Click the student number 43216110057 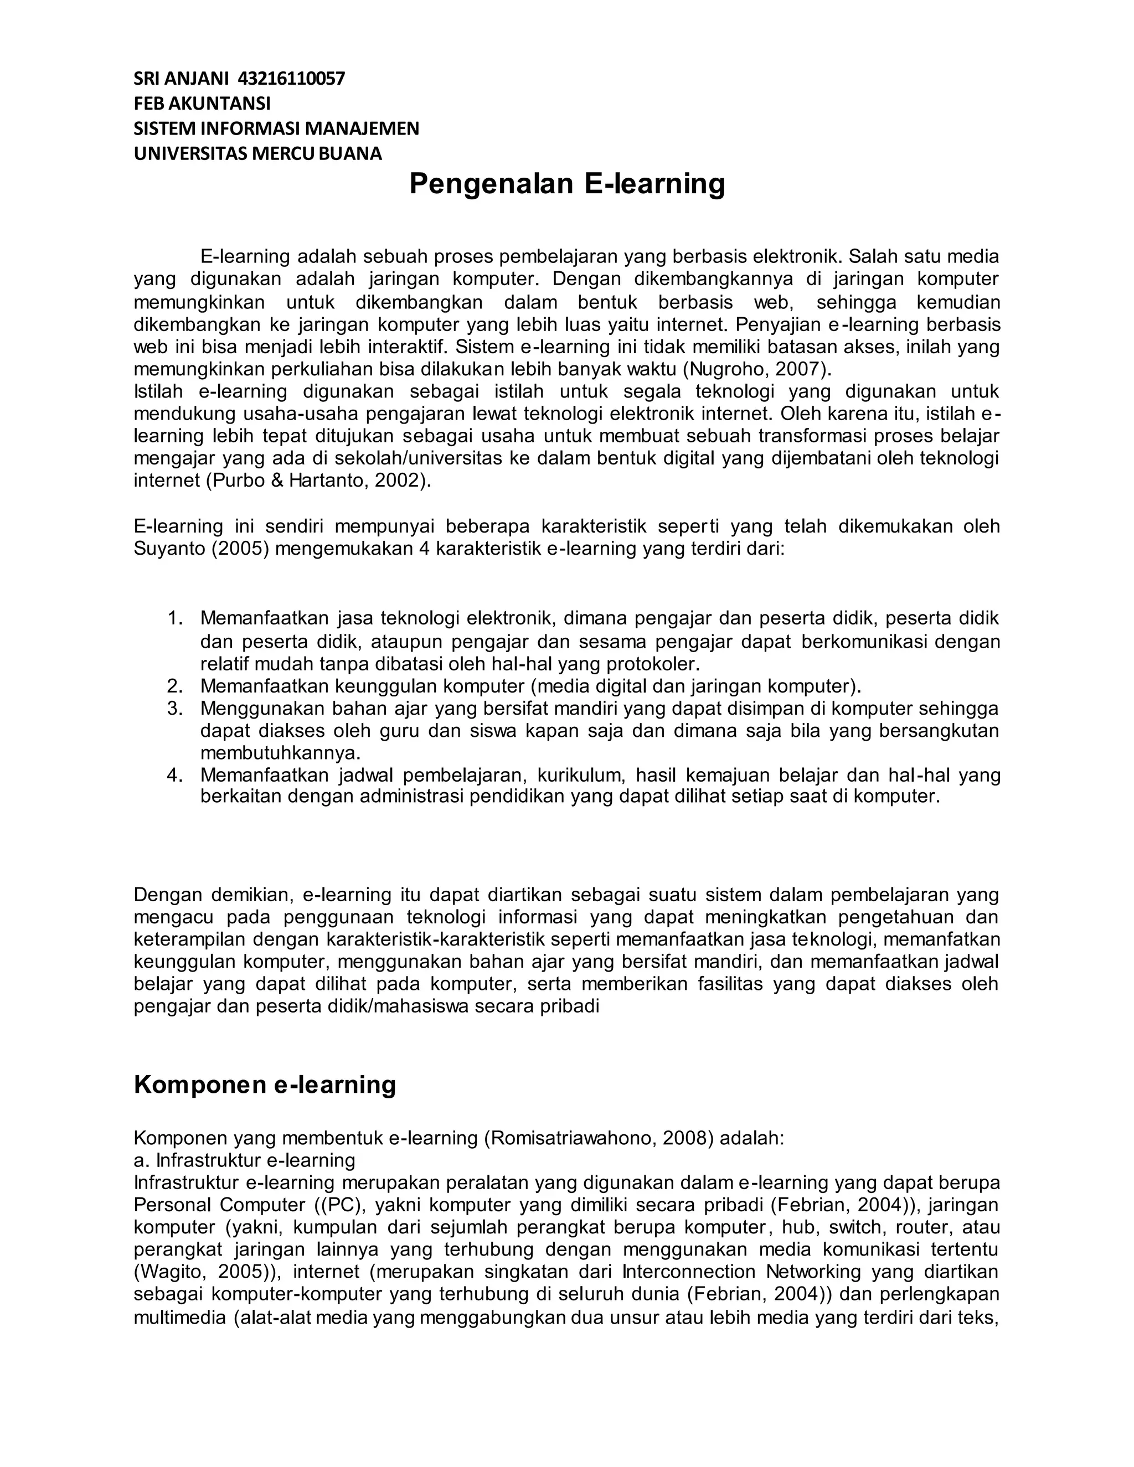click(292, 79)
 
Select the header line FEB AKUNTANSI click(202, 104)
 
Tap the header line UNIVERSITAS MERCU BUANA click(258, 154)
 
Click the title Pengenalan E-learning click(567, 184)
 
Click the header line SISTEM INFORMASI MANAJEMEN click(276, 129)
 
